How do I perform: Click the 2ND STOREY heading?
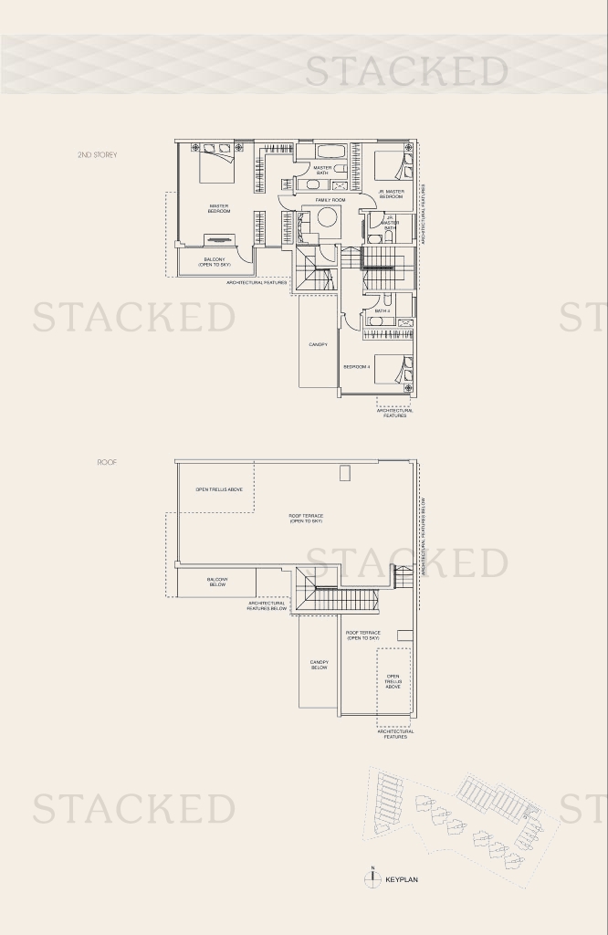(97, 155)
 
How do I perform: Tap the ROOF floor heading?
(107, 463)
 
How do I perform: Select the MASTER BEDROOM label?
(218, 208)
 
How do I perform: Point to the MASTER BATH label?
(322, 170)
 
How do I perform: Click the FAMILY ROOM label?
(330, 199)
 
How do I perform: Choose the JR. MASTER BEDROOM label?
(391, 194)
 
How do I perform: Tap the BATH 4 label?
(382, 311)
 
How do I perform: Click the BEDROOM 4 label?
(356, 366)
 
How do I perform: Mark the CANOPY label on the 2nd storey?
(318, 344)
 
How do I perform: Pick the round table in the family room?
(327, 221)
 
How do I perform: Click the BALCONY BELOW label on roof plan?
(216, 582)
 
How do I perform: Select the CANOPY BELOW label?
(319, 665)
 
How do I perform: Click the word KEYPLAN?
(401, 880)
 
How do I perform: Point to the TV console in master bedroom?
(218, 240)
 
